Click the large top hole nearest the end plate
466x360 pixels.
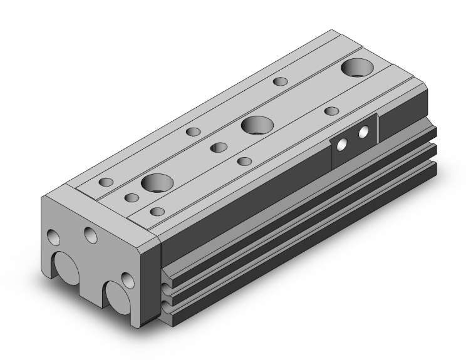point(157,183)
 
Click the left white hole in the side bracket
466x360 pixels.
point(341,145)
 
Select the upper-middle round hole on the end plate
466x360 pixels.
point(91,235)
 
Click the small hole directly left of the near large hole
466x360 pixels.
point(132,198)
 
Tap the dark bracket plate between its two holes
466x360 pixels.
point(353,140)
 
